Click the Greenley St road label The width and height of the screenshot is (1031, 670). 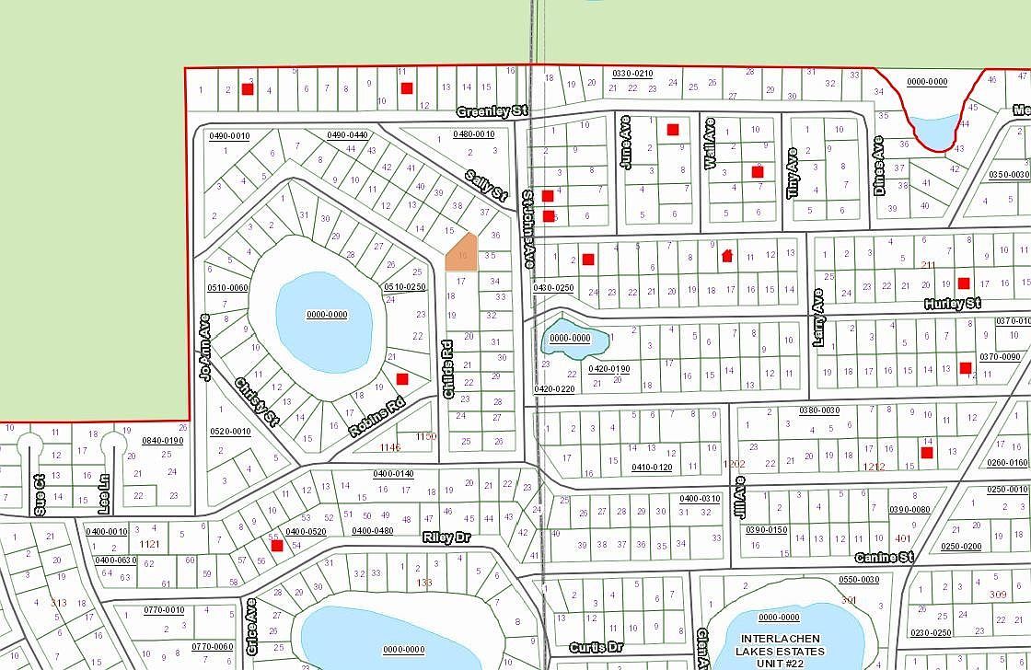[x=492, y=111]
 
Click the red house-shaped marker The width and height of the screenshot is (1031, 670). [x=727, y=255]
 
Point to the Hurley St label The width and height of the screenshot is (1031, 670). [x=954, y=303]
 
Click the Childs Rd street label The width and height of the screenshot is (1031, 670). [x=447, y=369]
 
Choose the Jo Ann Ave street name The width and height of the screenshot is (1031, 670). [x=204, y=346]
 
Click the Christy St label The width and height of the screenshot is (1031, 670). [x=256, y=402]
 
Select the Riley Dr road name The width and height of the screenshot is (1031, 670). [x=446, y=537]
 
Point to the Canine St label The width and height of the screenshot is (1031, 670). [x=883, y=558]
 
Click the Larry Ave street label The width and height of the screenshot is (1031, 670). [x=818, y=318]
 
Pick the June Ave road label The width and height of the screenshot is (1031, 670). [x=627, y=142]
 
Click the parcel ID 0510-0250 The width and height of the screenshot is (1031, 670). [x=405, y=287]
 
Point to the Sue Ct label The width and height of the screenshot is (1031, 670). [x=39, y=493]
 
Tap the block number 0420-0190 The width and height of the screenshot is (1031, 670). [x=608, y=369]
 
